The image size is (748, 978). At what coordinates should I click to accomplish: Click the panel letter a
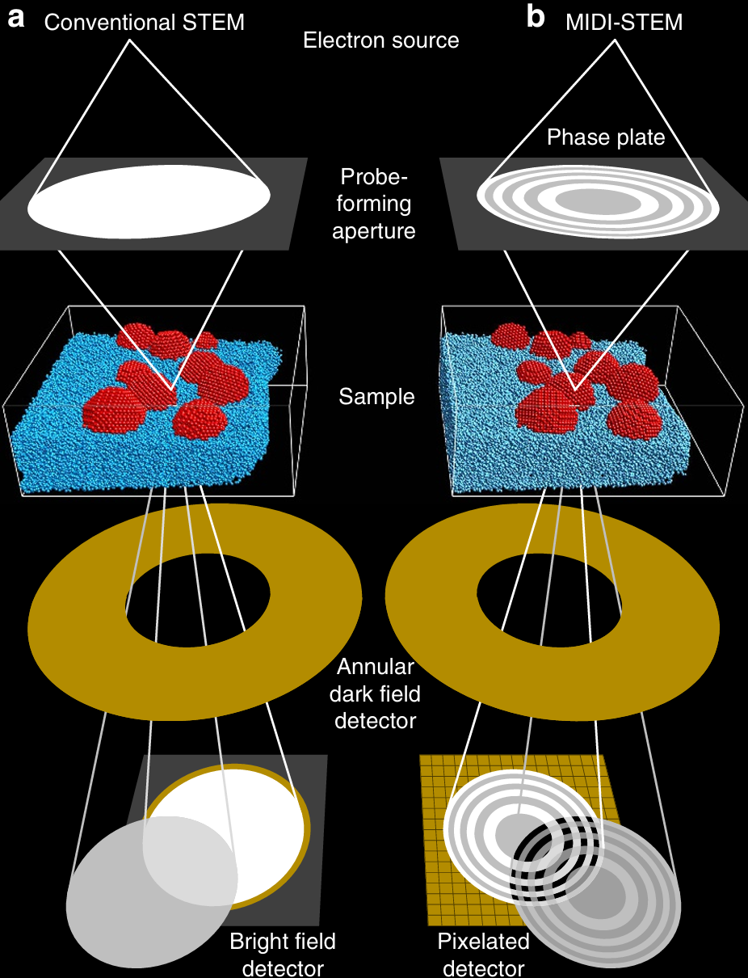(16, 19)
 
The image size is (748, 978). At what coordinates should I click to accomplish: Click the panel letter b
(536, 17)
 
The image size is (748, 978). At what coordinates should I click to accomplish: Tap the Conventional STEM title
(145, 23)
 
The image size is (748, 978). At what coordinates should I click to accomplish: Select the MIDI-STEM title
(624, 23)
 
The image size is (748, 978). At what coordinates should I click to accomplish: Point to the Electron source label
(381, 40)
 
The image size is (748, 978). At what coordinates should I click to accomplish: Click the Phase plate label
(606, 137)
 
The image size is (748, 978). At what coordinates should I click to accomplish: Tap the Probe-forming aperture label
(373, 204)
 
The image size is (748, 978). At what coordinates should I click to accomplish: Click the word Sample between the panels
(376, 397)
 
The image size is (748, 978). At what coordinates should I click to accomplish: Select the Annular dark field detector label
(375, 693)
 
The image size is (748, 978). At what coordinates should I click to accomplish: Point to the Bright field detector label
(283, 954)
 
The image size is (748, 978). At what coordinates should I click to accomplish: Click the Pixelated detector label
(484, 954)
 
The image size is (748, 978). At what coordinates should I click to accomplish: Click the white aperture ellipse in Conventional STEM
(149, 202)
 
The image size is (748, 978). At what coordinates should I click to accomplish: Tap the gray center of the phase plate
(598, 202)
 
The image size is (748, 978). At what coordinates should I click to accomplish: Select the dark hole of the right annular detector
(549, 600)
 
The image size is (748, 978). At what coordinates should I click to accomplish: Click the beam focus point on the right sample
(575, 390)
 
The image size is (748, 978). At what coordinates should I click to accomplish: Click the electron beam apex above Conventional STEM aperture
(129, 40)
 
